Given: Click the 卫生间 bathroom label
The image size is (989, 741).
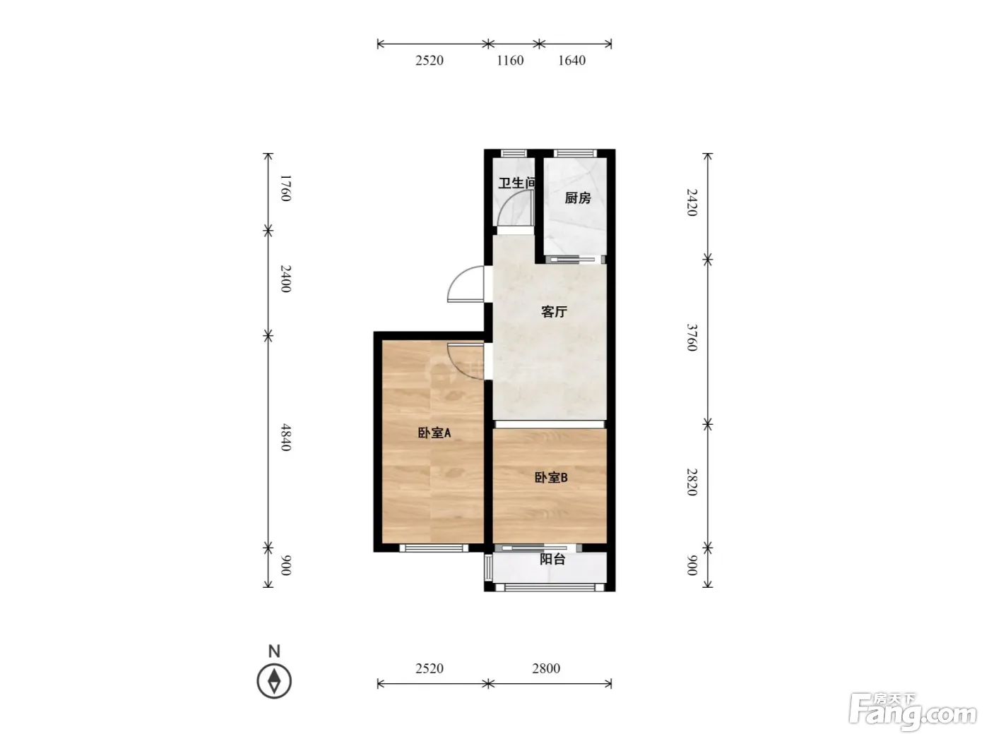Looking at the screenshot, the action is click(517, 183).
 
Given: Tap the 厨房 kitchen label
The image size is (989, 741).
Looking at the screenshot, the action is click(578, 198).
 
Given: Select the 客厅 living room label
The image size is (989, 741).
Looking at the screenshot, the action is click(554, 311).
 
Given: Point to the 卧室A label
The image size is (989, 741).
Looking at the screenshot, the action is click(434, 433).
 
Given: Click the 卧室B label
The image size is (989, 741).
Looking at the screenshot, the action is click(550, 477).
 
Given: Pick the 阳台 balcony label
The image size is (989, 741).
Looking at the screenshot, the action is click(552, 559).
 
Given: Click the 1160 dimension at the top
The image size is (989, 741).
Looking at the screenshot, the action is click(510, 60).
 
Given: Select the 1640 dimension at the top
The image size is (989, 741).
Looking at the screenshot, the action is click(572, 60).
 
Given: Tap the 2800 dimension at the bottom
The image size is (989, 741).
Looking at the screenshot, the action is click(546, 668).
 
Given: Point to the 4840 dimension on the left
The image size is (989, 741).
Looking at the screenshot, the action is click(286, 437).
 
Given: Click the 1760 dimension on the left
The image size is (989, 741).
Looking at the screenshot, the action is click(286, 188).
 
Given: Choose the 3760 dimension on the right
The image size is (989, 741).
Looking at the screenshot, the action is click(692, 337).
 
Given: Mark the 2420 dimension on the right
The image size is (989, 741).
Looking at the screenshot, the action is click(692, 203).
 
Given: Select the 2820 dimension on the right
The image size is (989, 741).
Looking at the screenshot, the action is click(692, 482).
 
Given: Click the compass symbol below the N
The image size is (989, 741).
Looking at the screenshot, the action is click(274, 681).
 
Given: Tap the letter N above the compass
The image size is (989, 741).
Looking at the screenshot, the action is click(274, 651).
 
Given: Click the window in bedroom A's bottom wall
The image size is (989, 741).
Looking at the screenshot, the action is click(434, 548).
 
